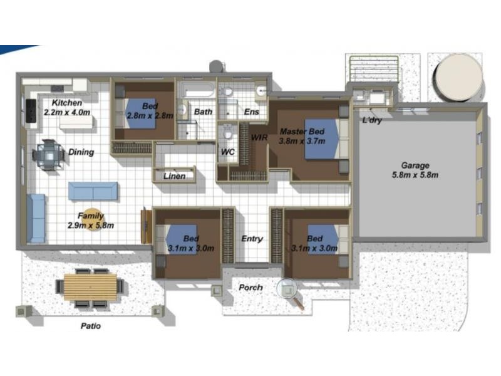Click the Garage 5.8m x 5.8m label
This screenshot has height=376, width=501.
[415, 170]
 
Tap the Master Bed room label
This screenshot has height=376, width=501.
[302, 132]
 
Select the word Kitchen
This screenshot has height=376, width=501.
[67, 103]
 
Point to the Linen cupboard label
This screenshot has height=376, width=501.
[175, 176]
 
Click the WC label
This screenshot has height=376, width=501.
[228, 152]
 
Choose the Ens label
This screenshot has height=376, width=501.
[252, 112]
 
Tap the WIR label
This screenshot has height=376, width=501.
[259, 137]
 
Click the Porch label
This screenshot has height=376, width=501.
[251, 288]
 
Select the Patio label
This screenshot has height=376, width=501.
[91, 326]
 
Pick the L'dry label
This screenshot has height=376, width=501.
[372, 120]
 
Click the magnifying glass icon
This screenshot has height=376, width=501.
[290, 292]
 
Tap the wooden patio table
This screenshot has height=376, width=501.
[90, 287]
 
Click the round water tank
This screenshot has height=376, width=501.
[459, 78]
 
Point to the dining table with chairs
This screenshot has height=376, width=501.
[49, 155]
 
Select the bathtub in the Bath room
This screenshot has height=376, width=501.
[196, 90]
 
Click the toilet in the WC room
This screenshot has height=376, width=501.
[227, 132]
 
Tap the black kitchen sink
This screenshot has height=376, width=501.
[31, 111]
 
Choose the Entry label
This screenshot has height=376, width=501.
[252, 239]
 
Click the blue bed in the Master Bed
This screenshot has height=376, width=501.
[321, 138]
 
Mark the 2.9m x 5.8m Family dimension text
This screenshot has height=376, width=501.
[91, 226]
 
